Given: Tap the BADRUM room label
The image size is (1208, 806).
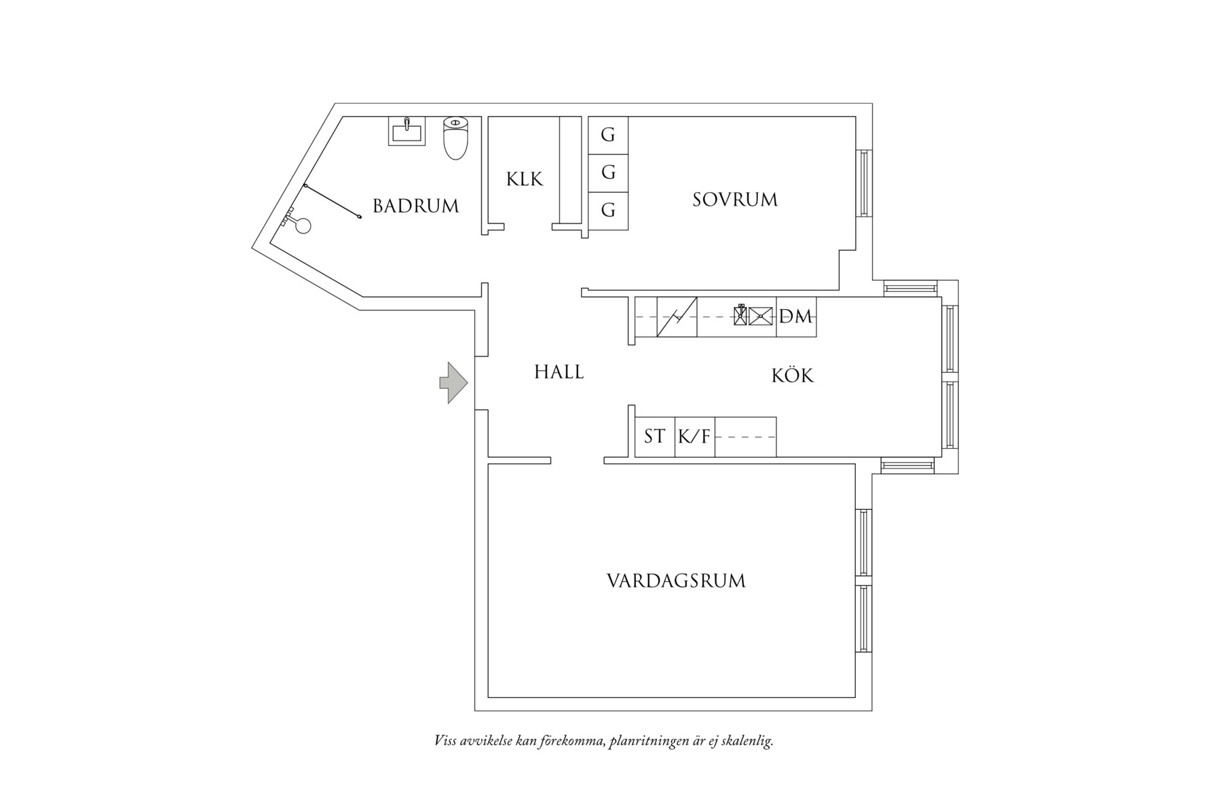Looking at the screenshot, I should (x=415, y=206).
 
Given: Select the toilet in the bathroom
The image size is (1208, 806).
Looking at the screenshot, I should (x=455, y=138).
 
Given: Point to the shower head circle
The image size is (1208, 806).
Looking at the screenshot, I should (x=303, y=225).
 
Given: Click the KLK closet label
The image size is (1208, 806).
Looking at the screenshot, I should (x=525, y=179).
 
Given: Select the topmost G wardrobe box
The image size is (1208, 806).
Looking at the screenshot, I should (x=608, y=136).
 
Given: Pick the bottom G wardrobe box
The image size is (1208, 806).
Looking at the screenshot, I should (x=608, y=211).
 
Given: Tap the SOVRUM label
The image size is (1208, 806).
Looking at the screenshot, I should (x=735, y=200).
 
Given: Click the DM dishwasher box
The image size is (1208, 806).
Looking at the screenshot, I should (x=796, y=316).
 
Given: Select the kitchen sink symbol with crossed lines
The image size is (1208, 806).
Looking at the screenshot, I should (x=761, y=316).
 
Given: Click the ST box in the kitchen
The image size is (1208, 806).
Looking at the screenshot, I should (x=654, y=437).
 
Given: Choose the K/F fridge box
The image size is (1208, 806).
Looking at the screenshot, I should (x=694, y=437).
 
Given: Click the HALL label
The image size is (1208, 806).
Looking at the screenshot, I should (x=559, y=372).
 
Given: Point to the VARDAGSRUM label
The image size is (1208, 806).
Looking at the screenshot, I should (x=676, y=581).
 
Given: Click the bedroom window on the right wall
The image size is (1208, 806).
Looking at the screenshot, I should (x=864, y=183).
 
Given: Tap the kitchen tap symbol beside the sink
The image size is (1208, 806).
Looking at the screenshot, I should (x=740, y=315).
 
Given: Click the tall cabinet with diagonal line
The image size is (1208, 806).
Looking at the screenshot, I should (x=677, y=316).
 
